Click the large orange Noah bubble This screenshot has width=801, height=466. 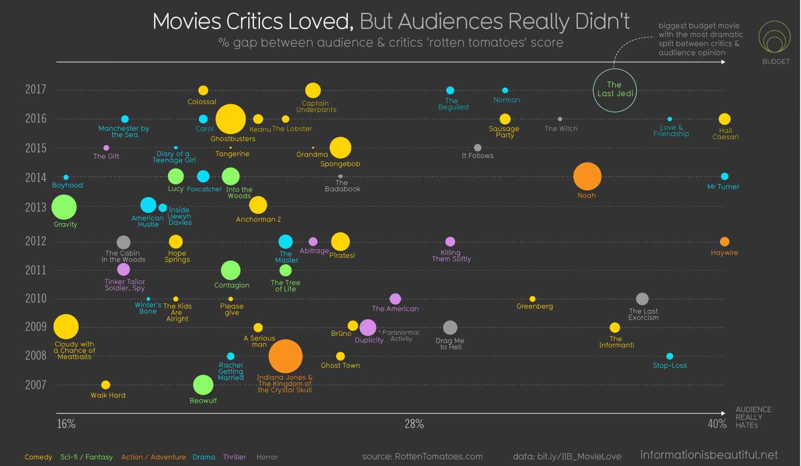coord(587,176)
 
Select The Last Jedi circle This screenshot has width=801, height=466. coord(615,90)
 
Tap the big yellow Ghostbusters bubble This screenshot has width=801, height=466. coord(230,119)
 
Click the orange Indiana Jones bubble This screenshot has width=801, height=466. coord(285,356)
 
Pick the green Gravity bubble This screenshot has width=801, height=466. coord(64,207)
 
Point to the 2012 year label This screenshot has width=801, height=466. coord(35,241)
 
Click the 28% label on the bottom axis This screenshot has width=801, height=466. coord(414,424)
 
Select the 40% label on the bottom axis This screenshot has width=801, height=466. coord(717,424)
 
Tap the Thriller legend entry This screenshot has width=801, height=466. coord(234,457)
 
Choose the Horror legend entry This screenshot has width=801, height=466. coord(267,457)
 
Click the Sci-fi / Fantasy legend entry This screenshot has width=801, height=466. coord(86,457)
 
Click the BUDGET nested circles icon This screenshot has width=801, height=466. coord(774,38)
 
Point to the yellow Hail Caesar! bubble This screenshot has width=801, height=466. coord(725,119)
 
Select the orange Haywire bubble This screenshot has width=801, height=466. coord(725,241)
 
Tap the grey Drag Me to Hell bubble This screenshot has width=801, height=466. coord(450,328)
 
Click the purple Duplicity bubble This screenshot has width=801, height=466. coord(368,328)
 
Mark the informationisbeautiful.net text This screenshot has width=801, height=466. coord(709,455)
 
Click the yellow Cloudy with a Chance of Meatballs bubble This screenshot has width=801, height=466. coord(66,326)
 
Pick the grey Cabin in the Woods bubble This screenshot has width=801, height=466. coord(123,242)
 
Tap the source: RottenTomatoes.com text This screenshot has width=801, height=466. coord(422,456)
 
